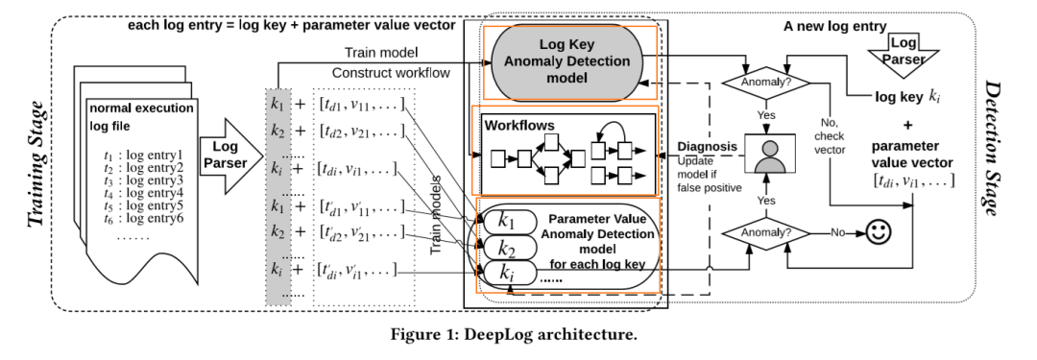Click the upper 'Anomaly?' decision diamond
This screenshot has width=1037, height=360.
[764, 82]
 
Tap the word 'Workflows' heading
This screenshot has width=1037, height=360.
[518, 126]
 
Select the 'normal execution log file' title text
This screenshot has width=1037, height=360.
[142, 116]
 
